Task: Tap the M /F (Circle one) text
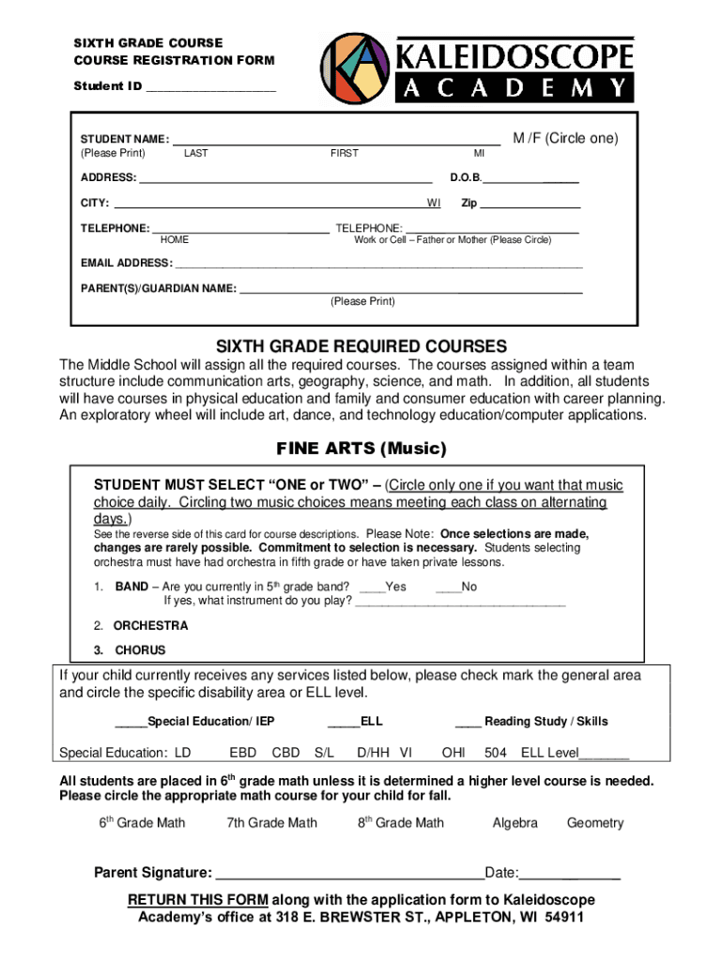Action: pos(565,138)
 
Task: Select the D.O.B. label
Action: pos(466,177)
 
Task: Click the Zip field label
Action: pos(469,203)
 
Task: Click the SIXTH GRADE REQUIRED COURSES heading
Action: pos(361,345)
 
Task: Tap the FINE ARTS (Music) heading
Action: pos(361,448)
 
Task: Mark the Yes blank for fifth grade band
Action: pos(372,587)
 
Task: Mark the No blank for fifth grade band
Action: pos(448,587)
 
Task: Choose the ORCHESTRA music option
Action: pos(150,626)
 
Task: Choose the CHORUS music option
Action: pos(140,650)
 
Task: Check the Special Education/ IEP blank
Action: pos(131,722)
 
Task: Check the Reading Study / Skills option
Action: pos(469,722)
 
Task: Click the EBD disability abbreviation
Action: pos(243,753)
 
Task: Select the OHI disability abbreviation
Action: pos(454,753)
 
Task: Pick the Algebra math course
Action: pos(515,823)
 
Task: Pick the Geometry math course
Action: pos(595,823)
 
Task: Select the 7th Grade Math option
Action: pos(272,823)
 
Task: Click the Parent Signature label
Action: pos(153,873)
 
